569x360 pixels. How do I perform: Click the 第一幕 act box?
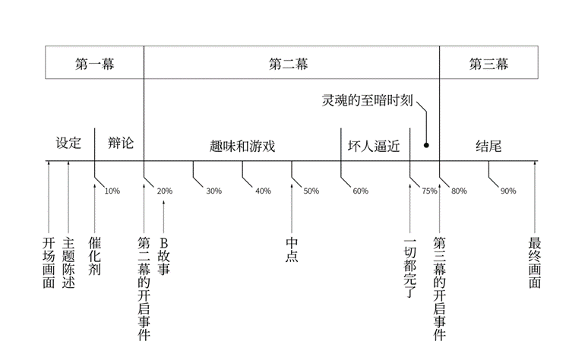(x=94, y=63)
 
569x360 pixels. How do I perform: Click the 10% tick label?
(x=112, y=191)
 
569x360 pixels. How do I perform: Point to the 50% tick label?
(x=311, y=191)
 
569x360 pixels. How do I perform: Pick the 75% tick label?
(x=429, y=191)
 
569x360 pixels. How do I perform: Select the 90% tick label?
(x=508, y=191)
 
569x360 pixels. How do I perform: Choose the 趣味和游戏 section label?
(x=242, y=145)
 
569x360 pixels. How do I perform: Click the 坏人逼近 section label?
(x=374, y=145)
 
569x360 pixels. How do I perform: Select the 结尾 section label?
(x=488, y=145)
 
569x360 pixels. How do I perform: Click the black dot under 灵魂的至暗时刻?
(x=427, y=144)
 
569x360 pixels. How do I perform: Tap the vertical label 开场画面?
(x=49, y=263)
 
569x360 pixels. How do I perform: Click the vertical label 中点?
(x=292, y=250)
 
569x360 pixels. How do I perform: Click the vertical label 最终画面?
(x=534, y=263)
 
